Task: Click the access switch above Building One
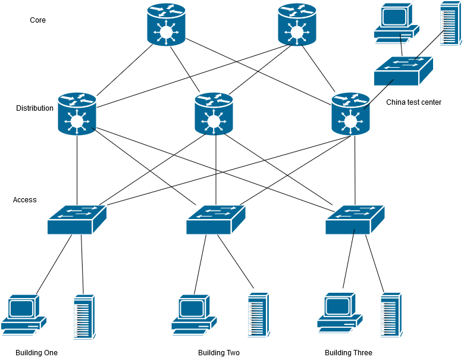(x=77, y=219)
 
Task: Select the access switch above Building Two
(x=215, y=219)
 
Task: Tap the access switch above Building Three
(x=355, y=219)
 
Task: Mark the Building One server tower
(x=84, y=317)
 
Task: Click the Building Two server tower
(x=258, y=315)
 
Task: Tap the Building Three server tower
(x=391, y=315)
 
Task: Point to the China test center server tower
(x=450, y=24)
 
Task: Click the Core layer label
(x=37, y=20)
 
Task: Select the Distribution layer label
(x=35, y=108)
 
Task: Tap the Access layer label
(x=24, y=200)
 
